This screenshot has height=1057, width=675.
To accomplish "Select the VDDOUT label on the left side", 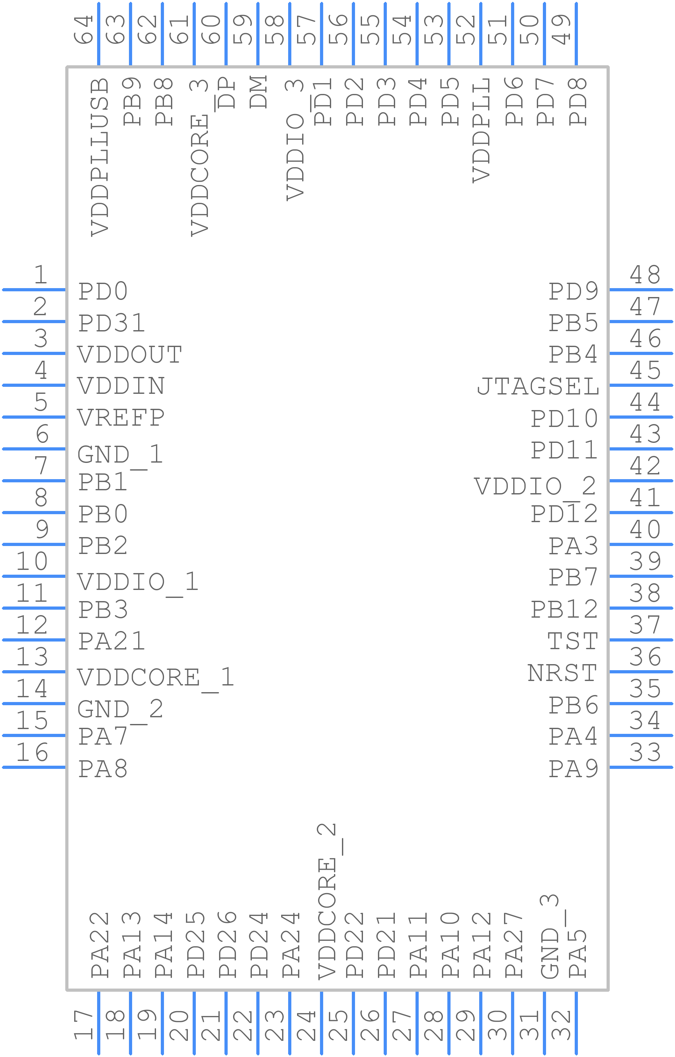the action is click(x=130, y=355).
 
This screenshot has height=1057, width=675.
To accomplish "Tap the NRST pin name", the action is click(x=562, y=673).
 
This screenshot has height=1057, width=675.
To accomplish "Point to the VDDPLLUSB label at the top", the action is click(x=100, y=158).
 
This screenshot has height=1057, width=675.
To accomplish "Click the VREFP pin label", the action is click(x=121, y=418).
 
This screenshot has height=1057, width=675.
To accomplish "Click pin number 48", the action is click(x=645, y=275).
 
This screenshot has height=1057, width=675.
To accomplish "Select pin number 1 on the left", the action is click(x=41, y=275).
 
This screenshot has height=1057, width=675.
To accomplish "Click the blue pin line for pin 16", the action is click(x=34, y=767).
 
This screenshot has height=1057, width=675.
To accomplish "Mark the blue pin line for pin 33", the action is click(x=641, y=767).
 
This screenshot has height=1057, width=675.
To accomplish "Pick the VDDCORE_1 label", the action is click(x=155, y=678).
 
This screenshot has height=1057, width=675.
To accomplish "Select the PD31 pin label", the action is click(x=111, y=323).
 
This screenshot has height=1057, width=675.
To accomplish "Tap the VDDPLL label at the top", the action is click(x=481, y=130).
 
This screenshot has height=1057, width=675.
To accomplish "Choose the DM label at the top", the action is click(x=259, y=92).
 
